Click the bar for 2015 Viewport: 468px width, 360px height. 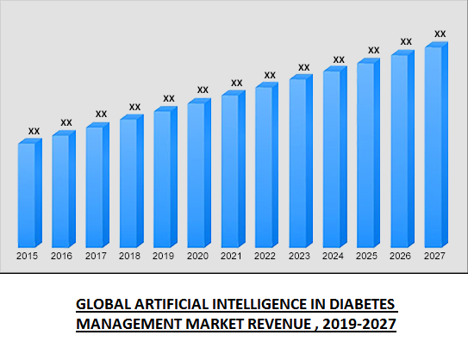27,194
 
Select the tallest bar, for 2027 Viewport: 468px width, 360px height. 434,146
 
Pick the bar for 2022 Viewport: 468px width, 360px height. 264,166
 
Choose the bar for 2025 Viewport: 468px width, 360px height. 365,154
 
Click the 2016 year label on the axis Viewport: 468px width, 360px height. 61,256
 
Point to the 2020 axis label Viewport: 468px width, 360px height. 197,256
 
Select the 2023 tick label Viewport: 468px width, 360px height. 298,256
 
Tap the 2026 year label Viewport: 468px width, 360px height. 400,256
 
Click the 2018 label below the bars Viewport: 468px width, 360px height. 128,256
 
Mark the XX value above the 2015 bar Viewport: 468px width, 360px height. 34,131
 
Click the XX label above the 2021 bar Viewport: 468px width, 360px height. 236,83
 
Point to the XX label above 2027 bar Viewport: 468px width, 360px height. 440,34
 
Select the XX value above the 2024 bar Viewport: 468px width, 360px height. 338,59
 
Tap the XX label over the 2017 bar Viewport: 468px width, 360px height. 101,114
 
